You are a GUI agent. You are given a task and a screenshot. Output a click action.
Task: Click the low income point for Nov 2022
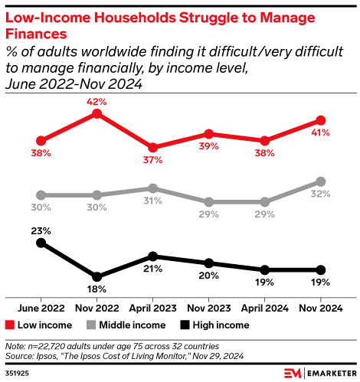point(97,113)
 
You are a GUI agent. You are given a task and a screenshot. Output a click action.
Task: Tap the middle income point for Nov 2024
point(321,181)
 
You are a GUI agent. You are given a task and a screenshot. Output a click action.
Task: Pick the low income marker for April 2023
point(153,147)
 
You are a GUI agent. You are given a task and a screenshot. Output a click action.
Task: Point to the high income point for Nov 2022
point(97,276)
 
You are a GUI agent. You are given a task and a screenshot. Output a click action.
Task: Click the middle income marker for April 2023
point(153,188)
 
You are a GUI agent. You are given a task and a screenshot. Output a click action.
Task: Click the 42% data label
point(97,100)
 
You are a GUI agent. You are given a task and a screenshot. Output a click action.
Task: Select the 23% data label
point(41,230)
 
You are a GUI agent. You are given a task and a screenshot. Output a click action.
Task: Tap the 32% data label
point(321,194)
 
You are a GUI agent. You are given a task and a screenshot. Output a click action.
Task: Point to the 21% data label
point(153,269)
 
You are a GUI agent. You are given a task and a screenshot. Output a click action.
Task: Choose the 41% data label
point(321,133)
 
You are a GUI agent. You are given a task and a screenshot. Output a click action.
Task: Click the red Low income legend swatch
point(9,324)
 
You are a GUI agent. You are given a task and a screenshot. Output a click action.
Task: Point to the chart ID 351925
point(18,372)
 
